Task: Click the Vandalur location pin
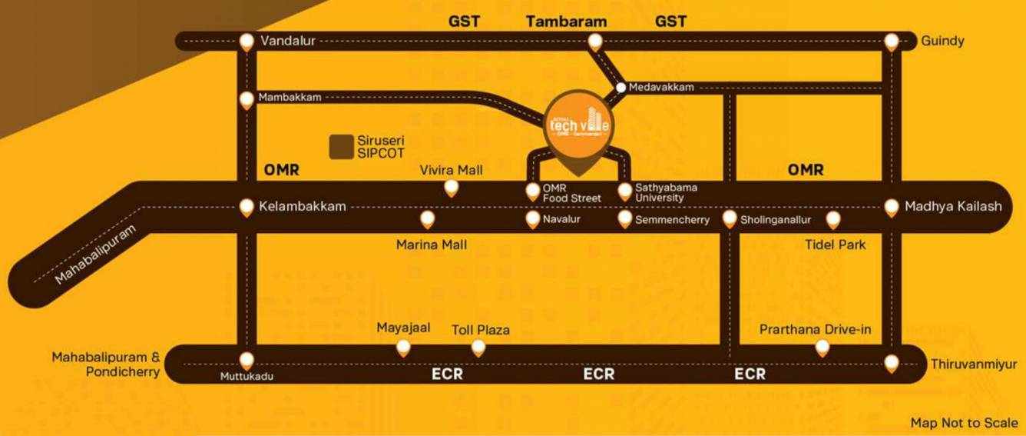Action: click(247, 42)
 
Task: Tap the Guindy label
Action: click(942, 41)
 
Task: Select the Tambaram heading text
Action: click(566, 22)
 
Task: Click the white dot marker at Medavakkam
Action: click(621, 87)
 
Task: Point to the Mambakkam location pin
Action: click(247, 99)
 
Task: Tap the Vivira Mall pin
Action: click(452, 188)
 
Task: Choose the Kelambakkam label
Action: click(303, 207)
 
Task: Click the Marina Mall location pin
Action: click(428, 220)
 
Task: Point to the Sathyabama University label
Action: click(666, 192)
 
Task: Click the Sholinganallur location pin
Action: click(730, 220)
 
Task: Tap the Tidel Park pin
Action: click(833, 221)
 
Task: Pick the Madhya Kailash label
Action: click(953, 206)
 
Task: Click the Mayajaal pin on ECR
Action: click(403, 348)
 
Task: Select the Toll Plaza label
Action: click(481, 331)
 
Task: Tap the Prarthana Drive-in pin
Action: click(822, 348)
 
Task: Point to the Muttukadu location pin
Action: click(247, 360)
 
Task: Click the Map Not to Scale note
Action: click(964, 423)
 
